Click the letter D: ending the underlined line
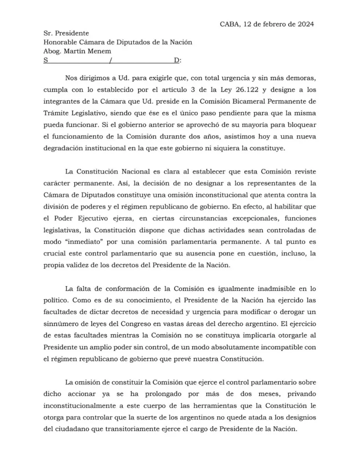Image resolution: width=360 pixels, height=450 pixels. tap(177, 60)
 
